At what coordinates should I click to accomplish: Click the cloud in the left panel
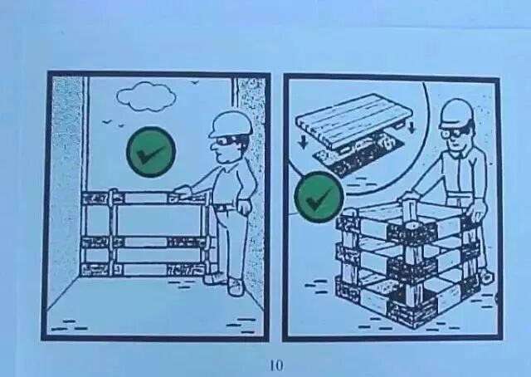(146, 96)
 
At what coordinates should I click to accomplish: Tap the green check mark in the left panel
(151, 152)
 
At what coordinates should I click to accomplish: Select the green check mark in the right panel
(319, 198)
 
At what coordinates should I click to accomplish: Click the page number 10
(276, 366)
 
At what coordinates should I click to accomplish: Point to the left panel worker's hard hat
(231, 125)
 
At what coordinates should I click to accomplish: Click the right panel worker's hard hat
(456, 114)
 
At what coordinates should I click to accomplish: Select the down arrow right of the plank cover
(412, 127)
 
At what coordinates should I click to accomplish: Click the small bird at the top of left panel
(194, 82)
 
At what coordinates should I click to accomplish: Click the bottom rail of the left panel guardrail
(143, 270)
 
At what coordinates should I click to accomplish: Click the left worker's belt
(224, 207)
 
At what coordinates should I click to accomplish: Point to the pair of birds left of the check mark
(114, 123)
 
